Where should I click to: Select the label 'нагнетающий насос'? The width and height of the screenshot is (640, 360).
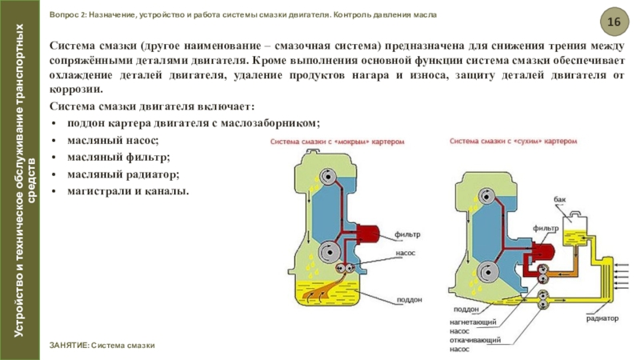(469, 326)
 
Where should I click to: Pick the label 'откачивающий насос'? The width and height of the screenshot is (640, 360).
(469, 345)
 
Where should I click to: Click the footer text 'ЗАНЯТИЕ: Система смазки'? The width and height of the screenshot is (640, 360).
(102, 345)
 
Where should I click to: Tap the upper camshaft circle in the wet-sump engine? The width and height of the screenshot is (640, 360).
(327, 178)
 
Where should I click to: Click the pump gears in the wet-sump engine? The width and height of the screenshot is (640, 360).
(347, 268)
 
